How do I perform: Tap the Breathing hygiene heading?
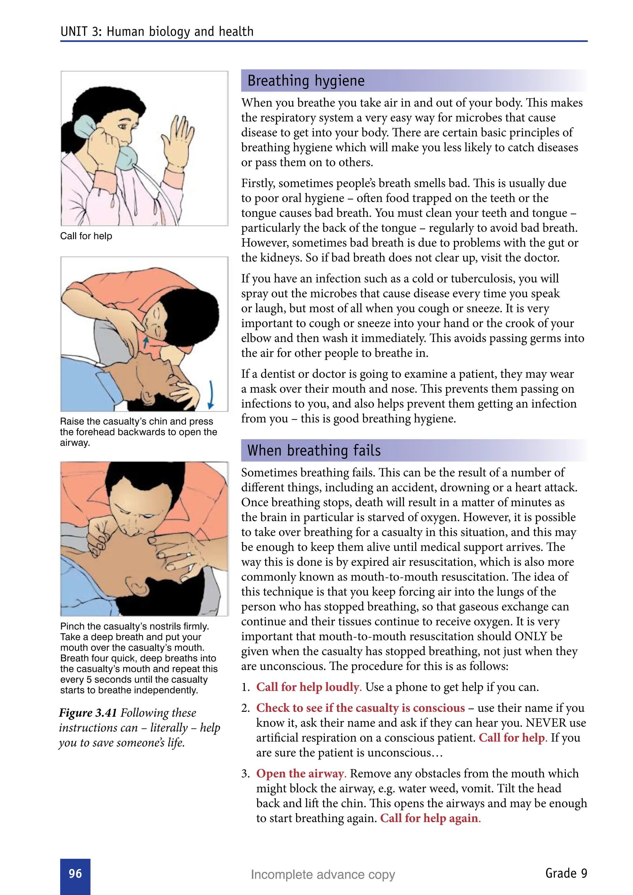pos(306,81)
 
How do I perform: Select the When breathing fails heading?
pos(314,450)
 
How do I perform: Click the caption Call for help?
pos(86,236)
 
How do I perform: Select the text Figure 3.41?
pos(88,713)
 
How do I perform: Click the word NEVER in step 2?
pos(546,723)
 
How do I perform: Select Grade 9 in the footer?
pos(566,873)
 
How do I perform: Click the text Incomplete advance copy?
pos(323,874)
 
